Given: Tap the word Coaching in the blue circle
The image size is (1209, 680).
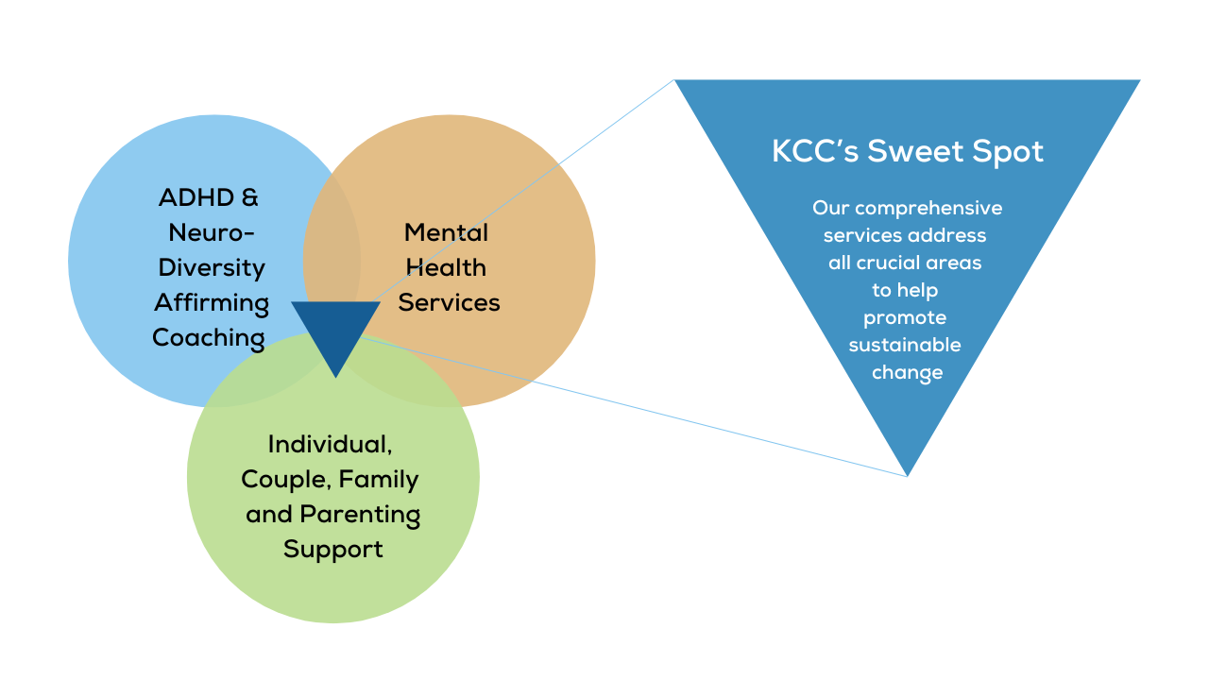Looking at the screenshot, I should pyautogui.click(x=209, y=337).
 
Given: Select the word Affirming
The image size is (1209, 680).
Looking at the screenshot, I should pyautogui.click(x=212, y=303).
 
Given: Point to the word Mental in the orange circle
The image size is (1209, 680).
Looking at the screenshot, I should pyautogui.click(x=446, y=232).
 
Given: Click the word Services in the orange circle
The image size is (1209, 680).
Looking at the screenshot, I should pyautogui.click(x=449, y=302).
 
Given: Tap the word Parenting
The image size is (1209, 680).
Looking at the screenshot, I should pyautogui.click(x=360, y=515).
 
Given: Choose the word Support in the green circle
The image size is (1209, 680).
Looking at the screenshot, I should pyautogui.click(x=333, y=549).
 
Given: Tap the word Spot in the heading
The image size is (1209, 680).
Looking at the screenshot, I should pyautogui.click(x=1009, y=151).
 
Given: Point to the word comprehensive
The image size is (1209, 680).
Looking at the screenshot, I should pyautogui.click(x=928, y=208).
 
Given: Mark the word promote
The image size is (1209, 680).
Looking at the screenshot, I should pyautogui.click(x=905, y=318).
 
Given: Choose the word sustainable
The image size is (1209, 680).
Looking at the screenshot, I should pyautogui.click(x=905, y=345).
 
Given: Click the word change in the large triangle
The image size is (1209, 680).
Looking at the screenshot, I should pyautogui.click(x=907, y=372).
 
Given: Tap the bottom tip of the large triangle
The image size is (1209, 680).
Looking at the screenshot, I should pyautogui.click(x=907, y=471).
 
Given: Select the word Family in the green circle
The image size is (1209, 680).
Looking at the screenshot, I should pyautogui.click(x=379, y=480).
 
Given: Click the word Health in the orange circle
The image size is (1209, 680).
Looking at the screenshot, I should pyautogui.click(x=446, y=267).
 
